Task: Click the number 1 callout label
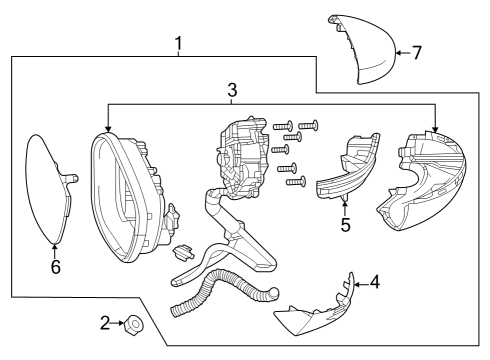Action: [x=178, y=43]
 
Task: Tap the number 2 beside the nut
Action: [x=103, y=322]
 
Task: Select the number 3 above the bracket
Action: [x=232, y=90]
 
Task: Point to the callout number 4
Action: [x=374, y=283]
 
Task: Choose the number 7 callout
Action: [x=417, y=51]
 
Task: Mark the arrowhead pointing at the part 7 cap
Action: [x=397, y=51]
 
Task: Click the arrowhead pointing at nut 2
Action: [x=118, y=322]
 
